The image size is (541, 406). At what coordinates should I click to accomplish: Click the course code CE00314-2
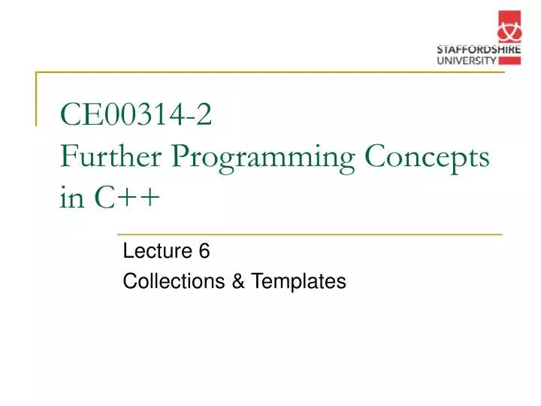click(136, 117)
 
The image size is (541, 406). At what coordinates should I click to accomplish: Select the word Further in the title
click(113, 157)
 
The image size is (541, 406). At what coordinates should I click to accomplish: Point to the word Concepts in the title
click(427, 157)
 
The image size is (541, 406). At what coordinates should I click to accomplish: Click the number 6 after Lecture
click(204, 253)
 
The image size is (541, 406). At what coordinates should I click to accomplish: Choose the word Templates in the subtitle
click(298, 282)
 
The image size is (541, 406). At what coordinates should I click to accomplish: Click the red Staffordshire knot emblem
click(508, 28)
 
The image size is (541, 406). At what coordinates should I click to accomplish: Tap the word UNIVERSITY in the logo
click(467, 60)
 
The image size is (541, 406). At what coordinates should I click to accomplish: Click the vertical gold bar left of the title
click(37, 98)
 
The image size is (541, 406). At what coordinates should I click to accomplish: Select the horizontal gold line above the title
click(225, 73)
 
